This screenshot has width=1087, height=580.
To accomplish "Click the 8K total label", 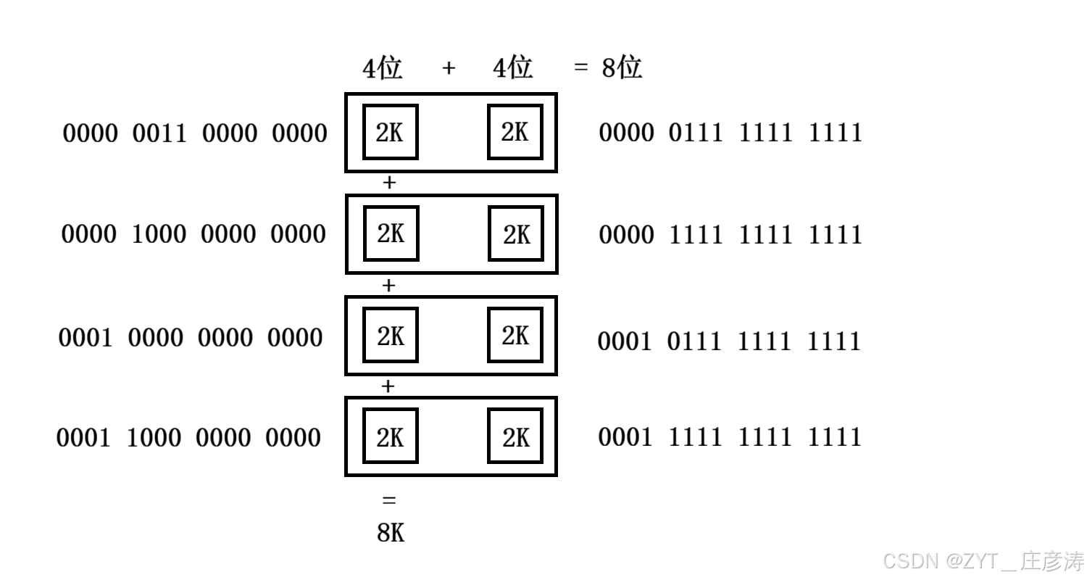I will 391,533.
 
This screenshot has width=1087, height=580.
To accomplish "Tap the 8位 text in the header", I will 622,68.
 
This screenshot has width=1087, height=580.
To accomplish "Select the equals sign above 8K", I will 389,500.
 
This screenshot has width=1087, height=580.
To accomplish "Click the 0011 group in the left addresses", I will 159,133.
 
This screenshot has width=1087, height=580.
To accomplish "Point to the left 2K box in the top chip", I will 390,132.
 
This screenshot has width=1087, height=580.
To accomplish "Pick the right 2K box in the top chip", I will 515,132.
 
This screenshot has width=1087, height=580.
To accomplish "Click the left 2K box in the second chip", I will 391,233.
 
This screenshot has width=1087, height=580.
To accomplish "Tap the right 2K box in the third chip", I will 515,335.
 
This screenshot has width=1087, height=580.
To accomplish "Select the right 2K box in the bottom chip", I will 515,436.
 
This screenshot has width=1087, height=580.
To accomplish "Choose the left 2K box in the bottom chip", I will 390,436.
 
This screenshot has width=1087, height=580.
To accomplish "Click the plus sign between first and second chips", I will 389,183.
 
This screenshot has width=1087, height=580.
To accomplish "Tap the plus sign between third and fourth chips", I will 388,386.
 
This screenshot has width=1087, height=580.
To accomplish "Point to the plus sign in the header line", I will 449,68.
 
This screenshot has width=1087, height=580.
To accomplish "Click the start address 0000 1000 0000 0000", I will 193,234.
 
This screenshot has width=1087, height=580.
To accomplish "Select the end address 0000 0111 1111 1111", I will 730,133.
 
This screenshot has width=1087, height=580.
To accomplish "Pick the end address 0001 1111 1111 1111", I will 730,436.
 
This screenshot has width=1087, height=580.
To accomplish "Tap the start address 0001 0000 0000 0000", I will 191,337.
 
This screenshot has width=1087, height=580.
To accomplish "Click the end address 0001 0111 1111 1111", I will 729,341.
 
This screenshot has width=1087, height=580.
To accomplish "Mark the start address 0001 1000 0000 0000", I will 188,437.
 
